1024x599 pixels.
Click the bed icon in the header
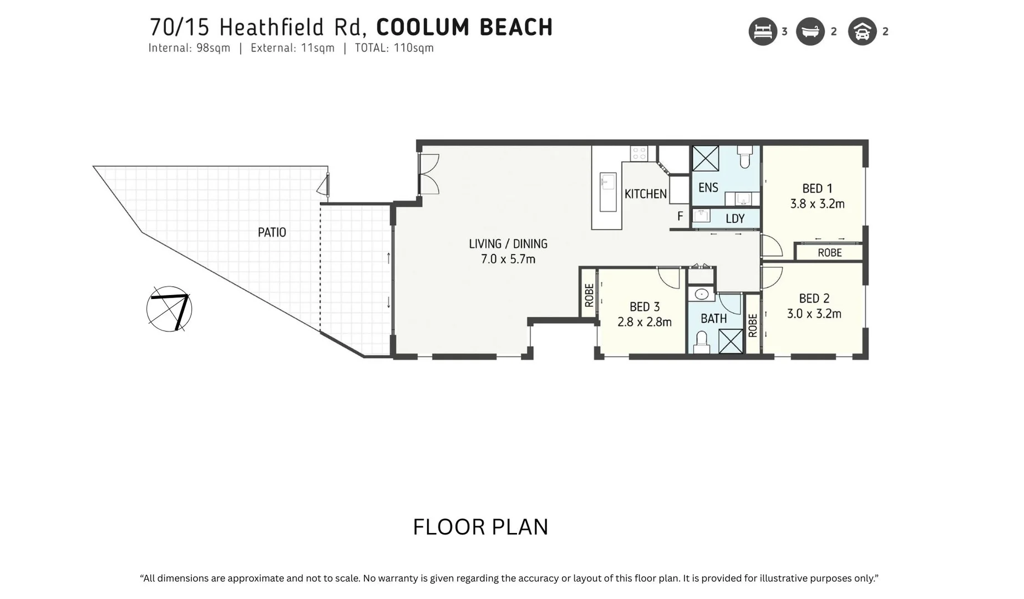(763, 32)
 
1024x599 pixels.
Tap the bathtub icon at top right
(810, 32)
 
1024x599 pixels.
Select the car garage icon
(862, 32)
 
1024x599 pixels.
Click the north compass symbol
(169, 309)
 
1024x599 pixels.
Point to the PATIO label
(272, 232)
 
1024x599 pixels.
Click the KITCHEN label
(646, 194)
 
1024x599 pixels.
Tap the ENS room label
(708, 187)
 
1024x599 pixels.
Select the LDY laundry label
(735, 219)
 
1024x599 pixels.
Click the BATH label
(713, 319)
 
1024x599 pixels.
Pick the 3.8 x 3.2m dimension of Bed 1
(817, 204)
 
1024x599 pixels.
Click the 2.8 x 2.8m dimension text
(645, 322)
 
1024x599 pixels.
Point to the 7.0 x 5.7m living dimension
(508, 259)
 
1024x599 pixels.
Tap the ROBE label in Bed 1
(830, 253)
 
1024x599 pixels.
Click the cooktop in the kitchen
(638, 153)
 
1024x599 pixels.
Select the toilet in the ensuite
(745, 157)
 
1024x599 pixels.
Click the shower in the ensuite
(706, 159)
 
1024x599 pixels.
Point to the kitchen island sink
(608, 181)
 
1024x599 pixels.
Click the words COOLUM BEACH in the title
(464, 27)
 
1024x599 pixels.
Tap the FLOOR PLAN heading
(480, 527)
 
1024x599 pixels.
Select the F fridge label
(680, 216)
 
